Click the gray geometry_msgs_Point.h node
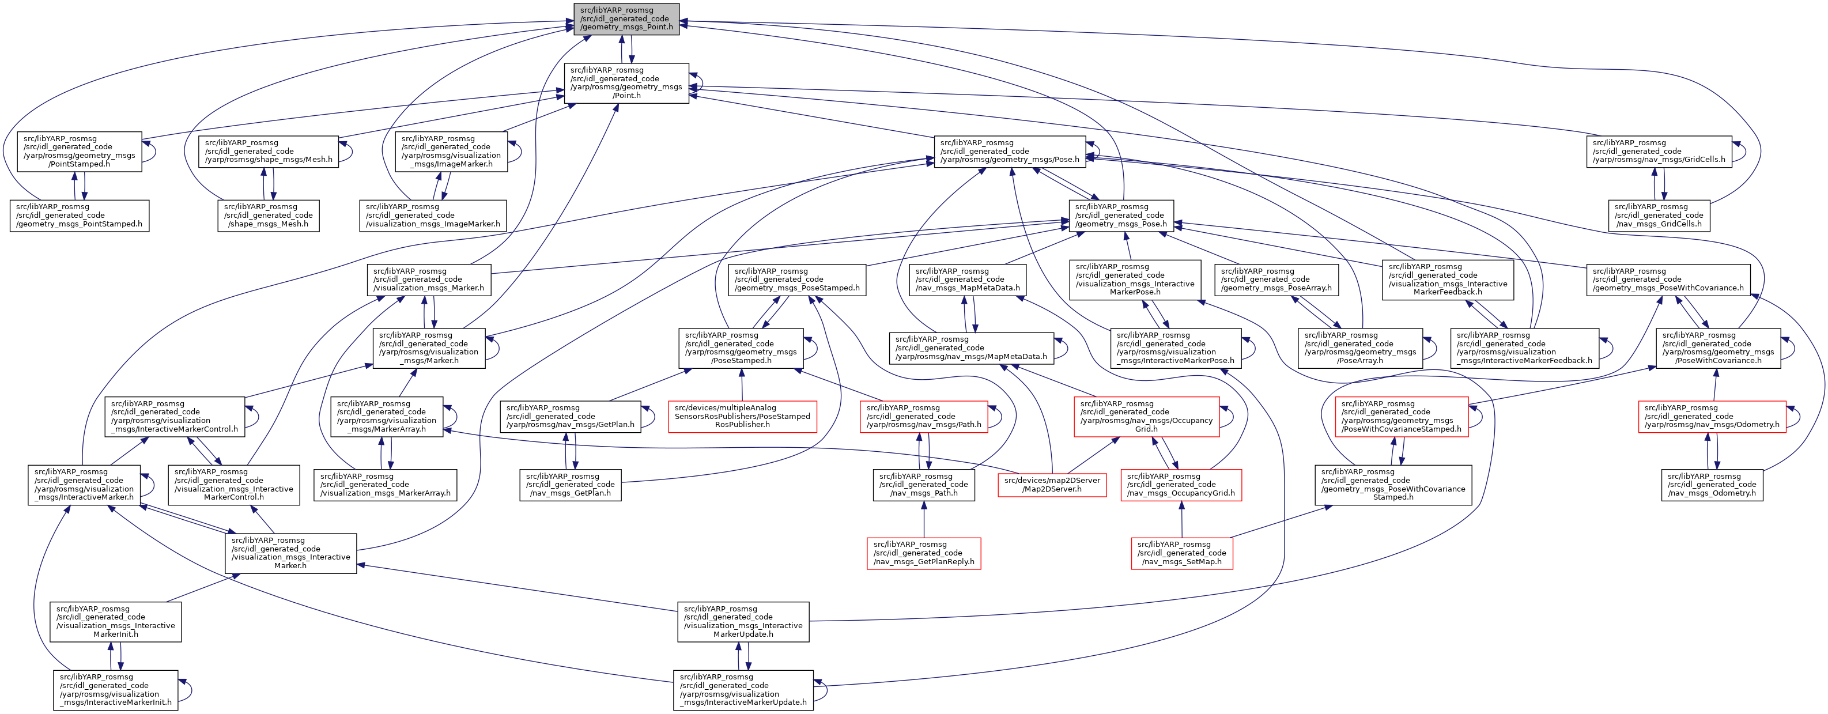[626, 19]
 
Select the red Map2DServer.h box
[1052, 485]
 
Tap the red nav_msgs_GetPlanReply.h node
[924, 553]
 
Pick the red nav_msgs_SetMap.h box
[1181, 553]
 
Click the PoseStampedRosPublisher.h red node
[742, 416]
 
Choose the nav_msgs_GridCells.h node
[1659, 215]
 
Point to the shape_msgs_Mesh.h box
[268, 215]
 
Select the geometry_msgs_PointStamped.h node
[80, 215]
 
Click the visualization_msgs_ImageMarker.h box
[433, 215]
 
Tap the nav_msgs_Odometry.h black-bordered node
[1712, 485]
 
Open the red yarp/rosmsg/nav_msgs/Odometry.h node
[1712, 416]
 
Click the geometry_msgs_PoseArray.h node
[1276, 279]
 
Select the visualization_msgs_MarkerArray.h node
[386, 485]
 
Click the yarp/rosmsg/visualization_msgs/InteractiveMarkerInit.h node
[116, 690]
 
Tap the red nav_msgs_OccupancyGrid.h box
[1181, 485]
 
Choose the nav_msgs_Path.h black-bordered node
[924, 485]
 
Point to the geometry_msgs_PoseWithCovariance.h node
[1668, 279]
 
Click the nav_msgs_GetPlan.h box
[571, 485]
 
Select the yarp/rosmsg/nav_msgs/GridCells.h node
[1659, 151]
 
